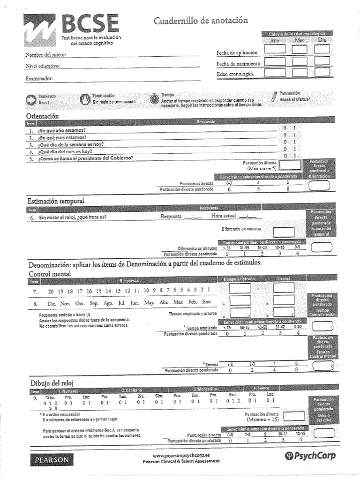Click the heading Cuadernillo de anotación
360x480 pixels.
click(201, 21)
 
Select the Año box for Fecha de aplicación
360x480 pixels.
click(274, 49)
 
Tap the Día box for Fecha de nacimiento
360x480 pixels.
click(322, 61)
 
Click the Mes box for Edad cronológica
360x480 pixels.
click(299, 73)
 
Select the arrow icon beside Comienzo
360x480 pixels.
click(31, 99)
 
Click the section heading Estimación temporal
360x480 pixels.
click(55, 201)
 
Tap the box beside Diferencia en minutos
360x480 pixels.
click(283, 232)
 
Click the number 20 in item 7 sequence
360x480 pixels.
click(51, 291)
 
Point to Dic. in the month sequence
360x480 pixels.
click(52, 303)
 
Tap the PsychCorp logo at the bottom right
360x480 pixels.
click(310, 456)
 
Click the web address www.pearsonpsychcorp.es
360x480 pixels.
click(180, 455)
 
